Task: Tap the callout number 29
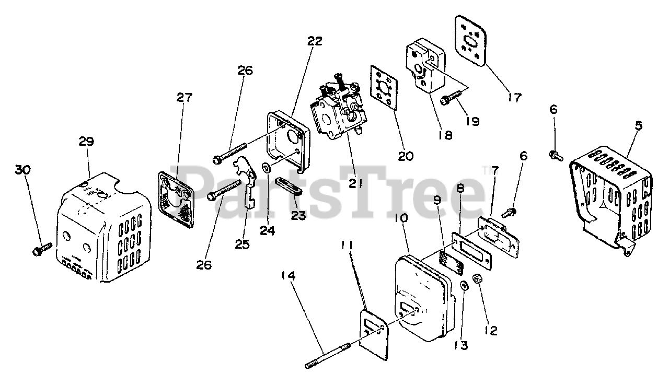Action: click(x=86, y=141)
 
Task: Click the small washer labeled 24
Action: click(x=266, y=168)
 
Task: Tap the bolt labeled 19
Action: click(x=450, y=98)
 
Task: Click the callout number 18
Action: click(x=445, y=135)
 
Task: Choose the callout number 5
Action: click(x=639, y=126)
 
